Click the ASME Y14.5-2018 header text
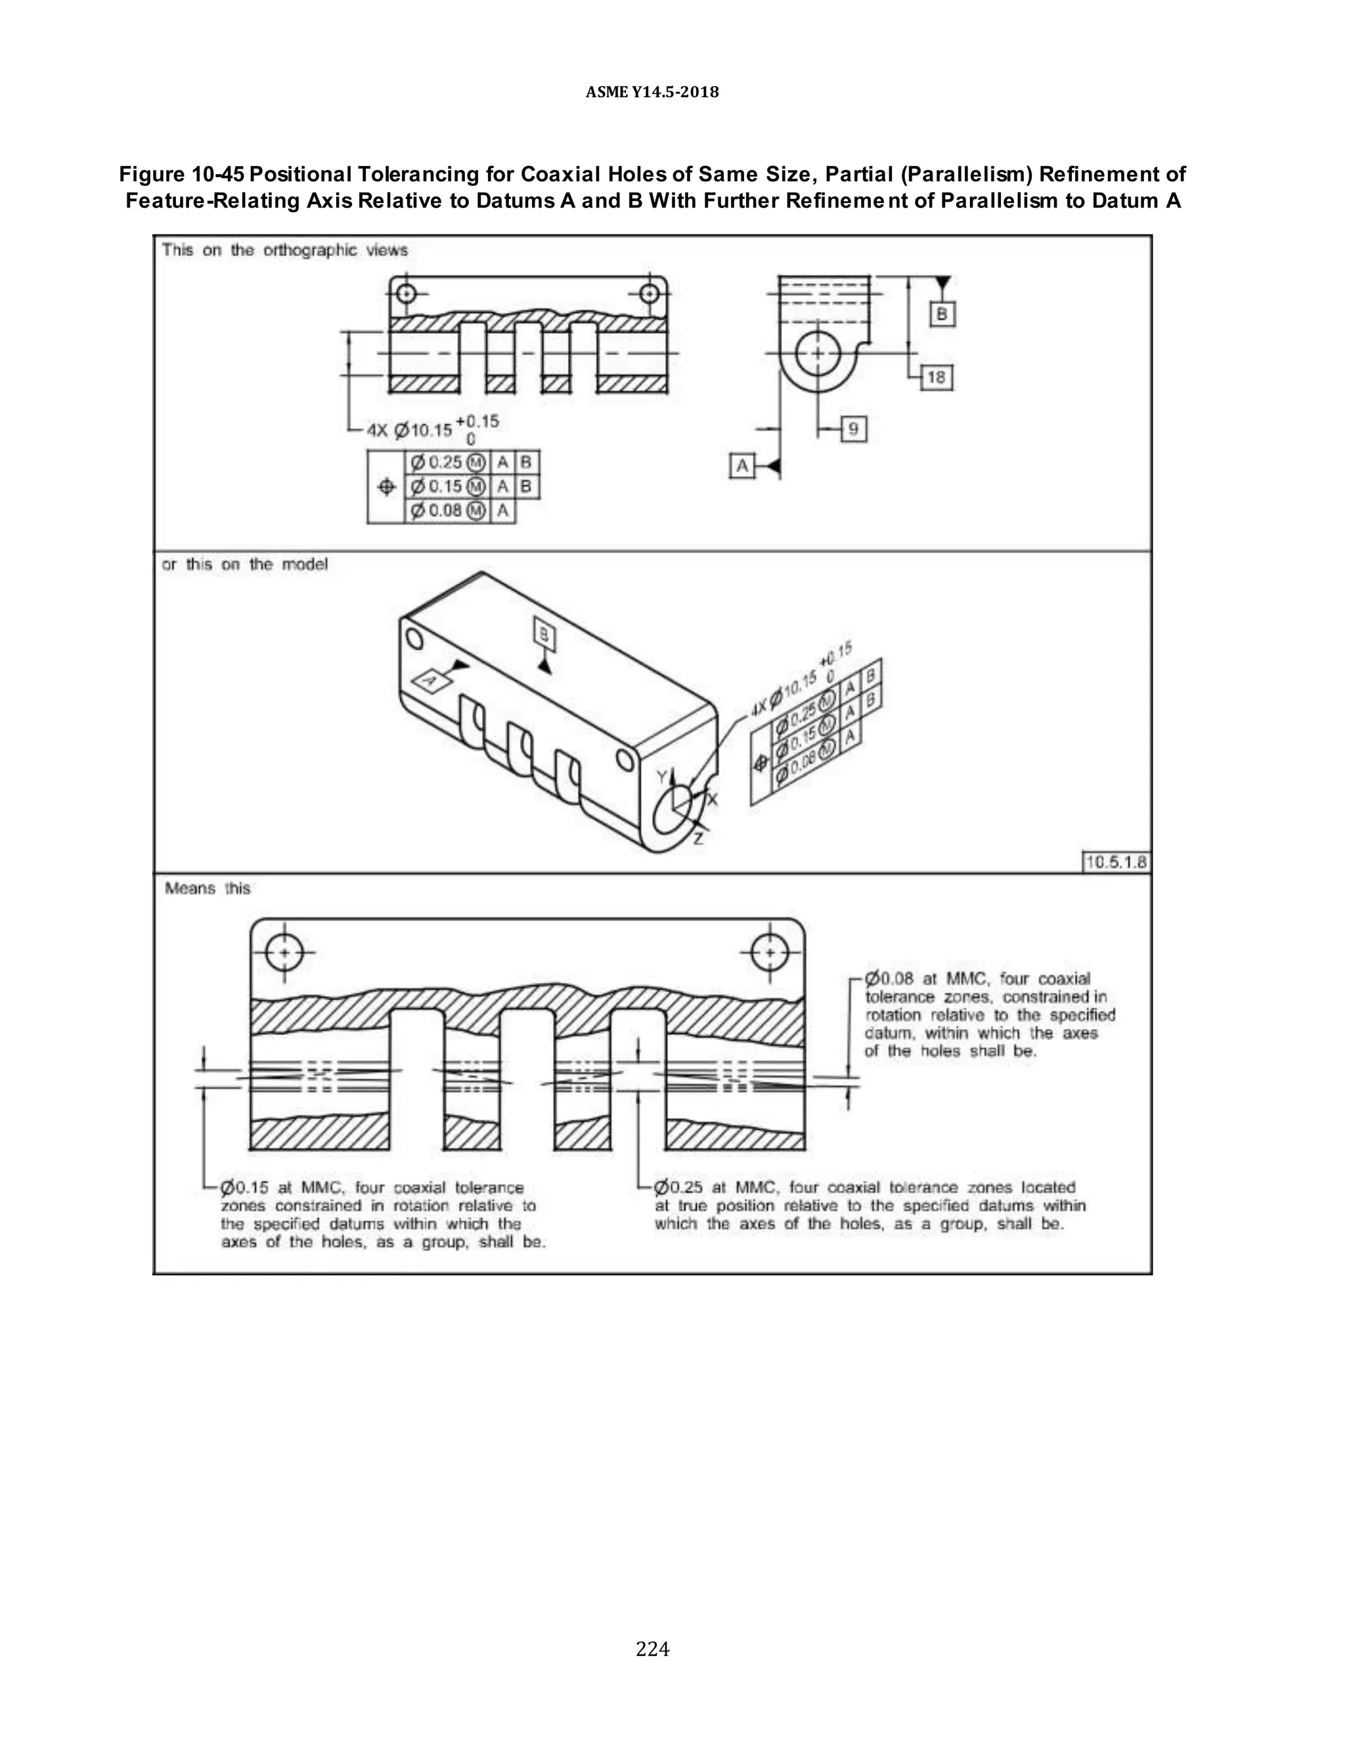coord(651,93)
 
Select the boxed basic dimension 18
coord(937,377)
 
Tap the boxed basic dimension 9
coord(853,430)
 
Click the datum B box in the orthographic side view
coord(942,314)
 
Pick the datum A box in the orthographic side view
coord(743,466)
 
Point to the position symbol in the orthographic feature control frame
coord(386,487)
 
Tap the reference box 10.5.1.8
coord(1116,862)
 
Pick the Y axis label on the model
coord(660,776)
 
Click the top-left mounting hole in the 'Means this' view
coord(284,952)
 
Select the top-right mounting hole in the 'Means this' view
coord(770,952)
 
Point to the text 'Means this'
coord(207,888)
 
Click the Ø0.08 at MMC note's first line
coord(978,978)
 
